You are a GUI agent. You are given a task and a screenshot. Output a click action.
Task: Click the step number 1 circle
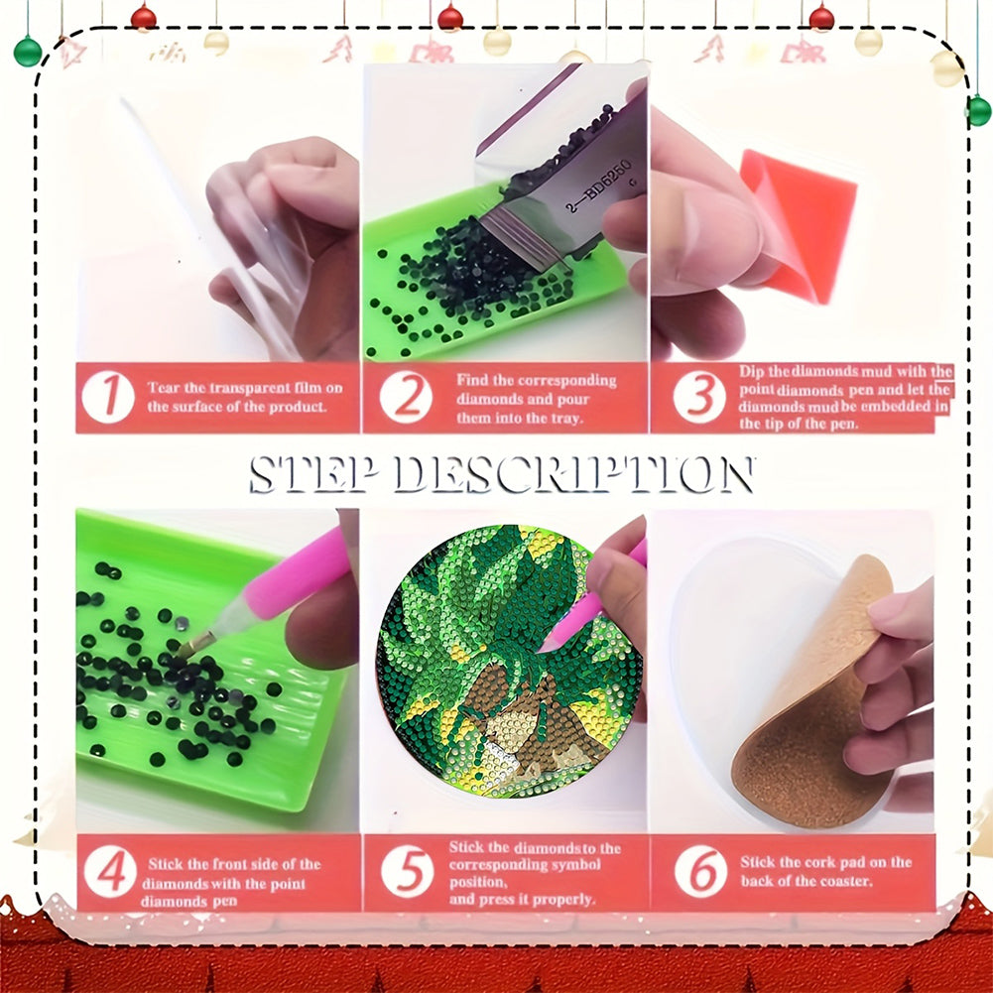(x=108, y=397)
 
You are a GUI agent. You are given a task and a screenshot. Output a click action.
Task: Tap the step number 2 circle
(x=406, y=397)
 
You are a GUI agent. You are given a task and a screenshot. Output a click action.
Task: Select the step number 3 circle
(x=699, y=397)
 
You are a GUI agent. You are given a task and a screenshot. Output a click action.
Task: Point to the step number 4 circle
(x=110, y=871)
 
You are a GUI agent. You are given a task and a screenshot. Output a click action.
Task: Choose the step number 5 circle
(x=407, y=871)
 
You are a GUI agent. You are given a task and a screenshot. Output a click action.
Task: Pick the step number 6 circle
(x=700, y=871)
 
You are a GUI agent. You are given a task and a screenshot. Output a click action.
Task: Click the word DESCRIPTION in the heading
(x=573, y=474)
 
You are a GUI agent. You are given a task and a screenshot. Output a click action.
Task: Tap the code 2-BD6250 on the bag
(x=598, y=186)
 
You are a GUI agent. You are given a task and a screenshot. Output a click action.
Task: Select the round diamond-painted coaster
(x=510, y=661)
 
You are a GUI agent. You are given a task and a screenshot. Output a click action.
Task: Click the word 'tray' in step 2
(x=564, y=419)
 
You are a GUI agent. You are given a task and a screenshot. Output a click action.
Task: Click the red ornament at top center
(x=450, y=17)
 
